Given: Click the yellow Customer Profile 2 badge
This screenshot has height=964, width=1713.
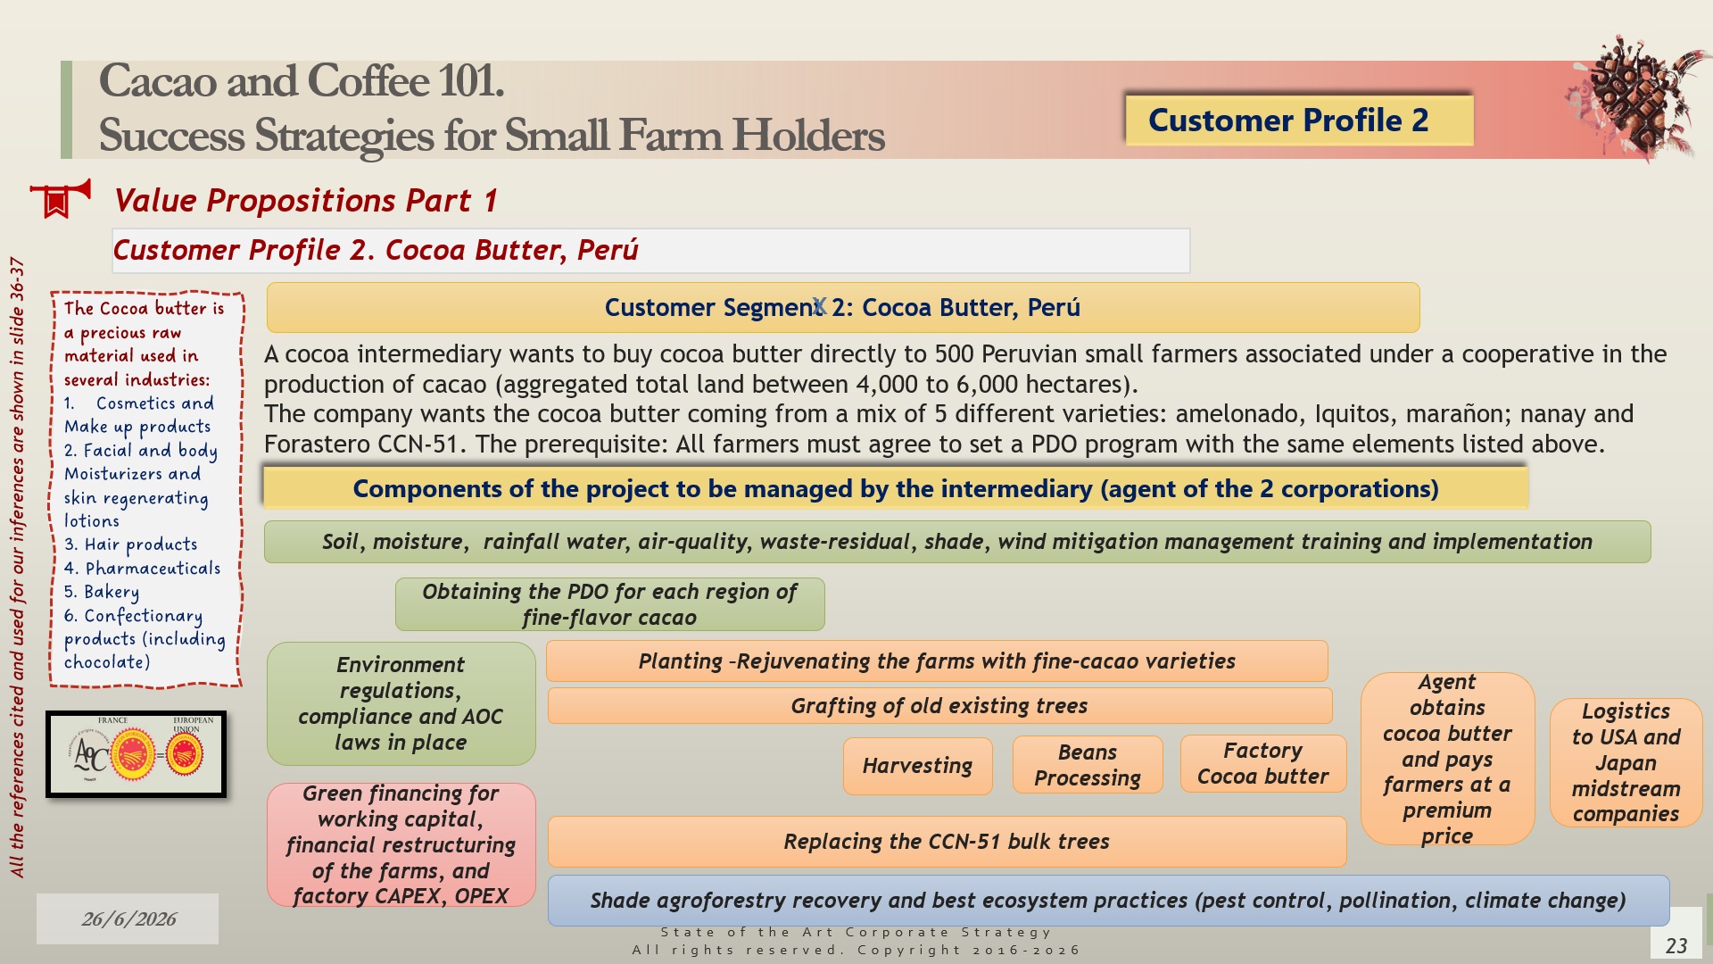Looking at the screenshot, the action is pyautogui.click(x=1298, y=120).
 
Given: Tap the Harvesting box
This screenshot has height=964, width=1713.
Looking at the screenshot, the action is pyautogui.click(x=917, y=766).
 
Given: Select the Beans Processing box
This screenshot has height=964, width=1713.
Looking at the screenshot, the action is pyautogui.click(x=1088, y=765).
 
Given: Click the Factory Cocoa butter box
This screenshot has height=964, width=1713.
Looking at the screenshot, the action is pyautogui.click(x=1262, y=764).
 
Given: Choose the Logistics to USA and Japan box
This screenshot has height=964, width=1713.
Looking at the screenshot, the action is pyautogui.click(x=1626, y=762).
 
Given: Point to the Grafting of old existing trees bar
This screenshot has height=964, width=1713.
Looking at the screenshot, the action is pyautogui.click(x=939, y=706).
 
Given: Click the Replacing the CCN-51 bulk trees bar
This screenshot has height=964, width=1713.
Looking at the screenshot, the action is pyautogui.click(x=947, y=842).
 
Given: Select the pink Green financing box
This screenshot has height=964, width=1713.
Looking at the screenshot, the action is pyautogui.click(x=401, y=844).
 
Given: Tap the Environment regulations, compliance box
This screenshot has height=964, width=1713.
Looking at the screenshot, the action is pyautogui.click(x=401, y=703).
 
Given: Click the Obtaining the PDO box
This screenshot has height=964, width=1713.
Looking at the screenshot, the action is pyautogui.click(x=609, y=604).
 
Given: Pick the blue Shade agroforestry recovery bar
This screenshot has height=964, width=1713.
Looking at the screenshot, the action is pyautogui.click(x=1108, y=901).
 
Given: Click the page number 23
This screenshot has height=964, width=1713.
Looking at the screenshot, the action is pyautogui.click(x=1676, y=945).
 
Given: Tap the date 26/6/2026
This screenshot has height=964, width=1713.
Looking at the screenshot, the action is pyautogui.click(x=128, y=919).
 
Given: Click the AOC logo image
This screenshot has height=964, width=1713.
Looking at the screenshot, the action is pyautogui.click(x=136, y=754).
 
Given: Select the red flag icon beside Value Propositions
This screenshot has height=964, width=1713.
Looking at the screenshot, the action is pyautogui.click(x=60, y=199).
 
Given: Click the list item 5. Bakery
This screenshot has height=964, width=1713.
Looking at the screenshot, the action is pyautogui.click(x=102, y=592).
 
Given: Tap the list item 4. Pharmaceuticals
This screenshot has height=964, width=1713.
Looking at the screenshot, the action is pyautogui.click(x=142, y=569).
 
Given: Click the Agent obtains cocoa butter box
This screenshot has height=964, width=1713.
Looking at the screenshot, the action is pyautogui.click(x=1447, y=759).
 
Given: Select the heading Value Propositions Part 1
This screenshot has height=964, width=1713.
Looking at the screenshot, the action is pyautogui.click(x=305, y=201).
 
